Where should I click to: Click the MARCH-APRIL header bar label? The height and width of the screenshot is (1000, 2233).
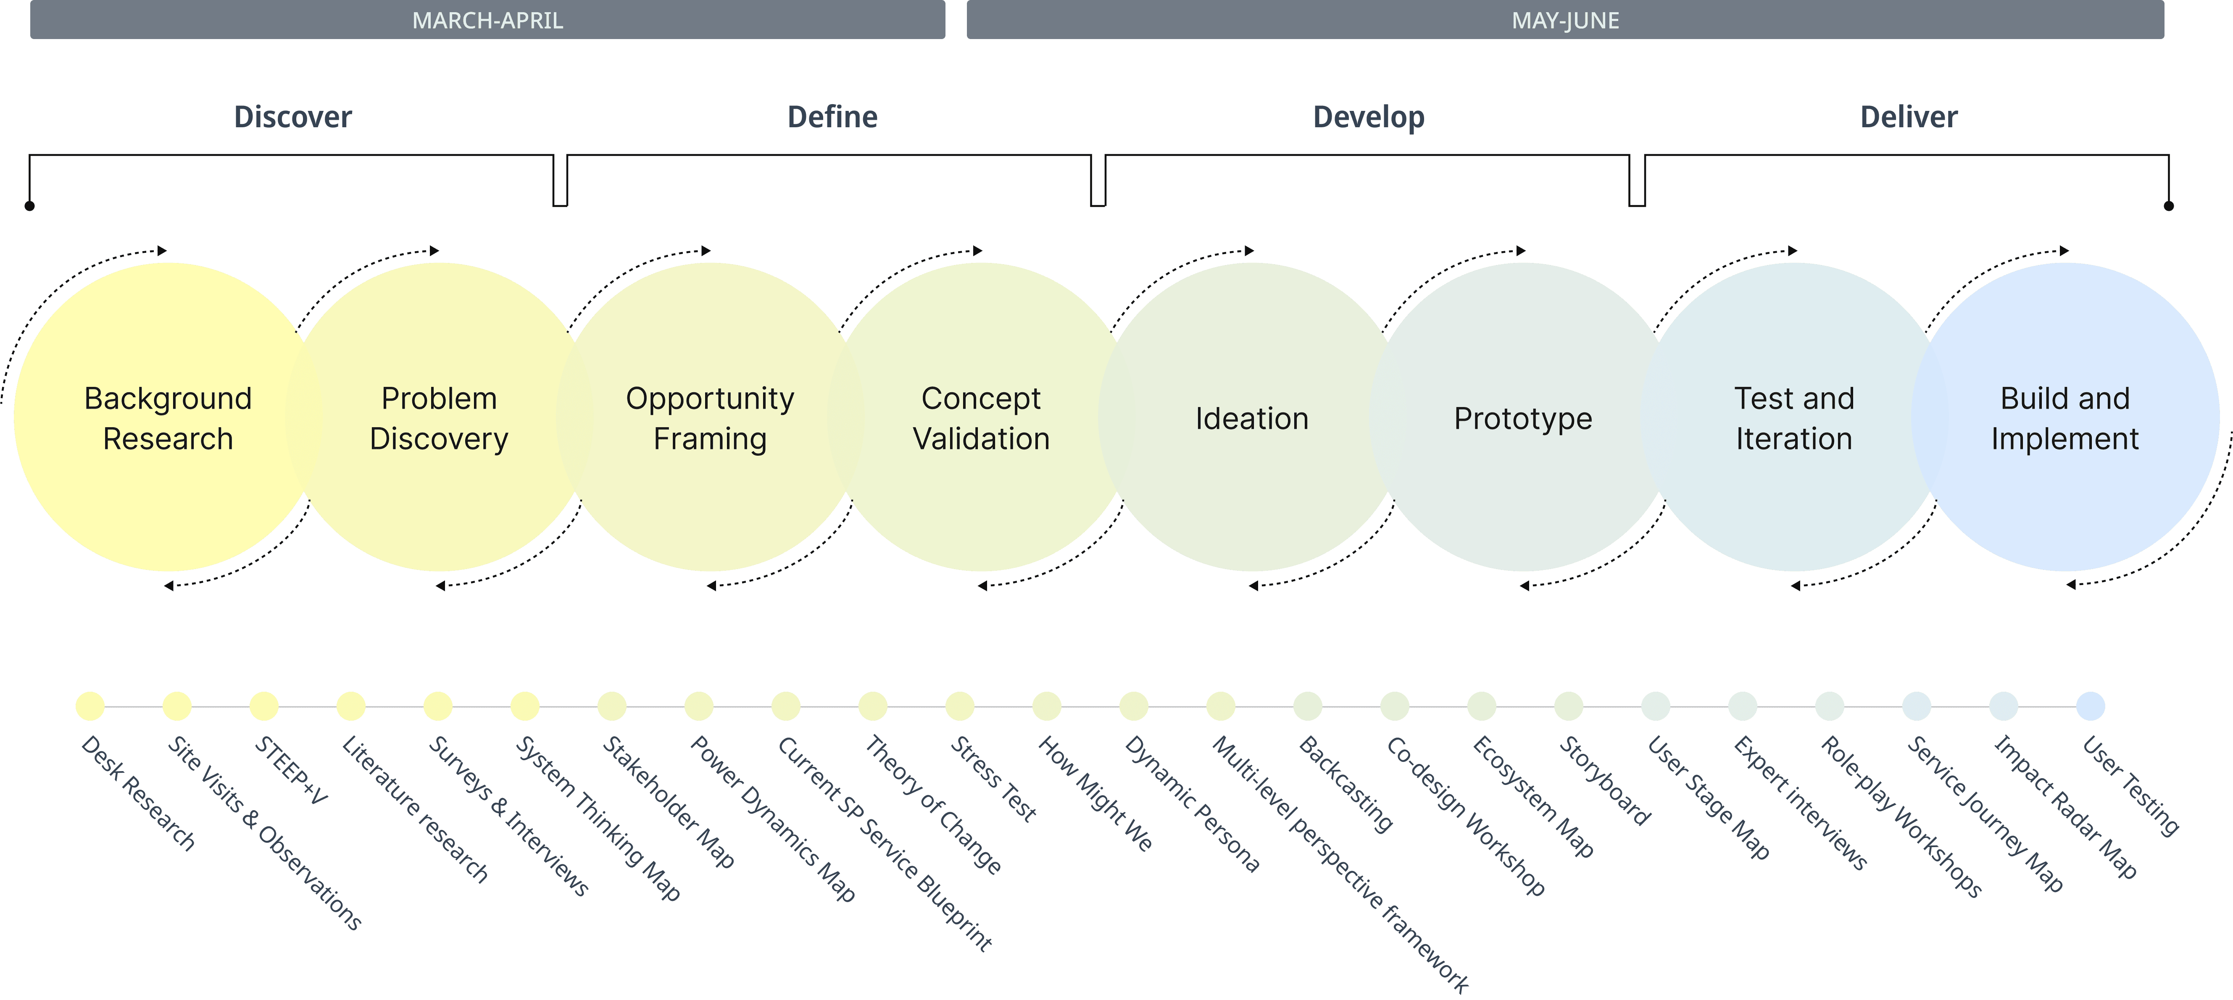tap(487, 20)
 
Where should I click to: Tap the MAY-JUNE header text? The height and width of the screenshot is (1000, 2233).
tap(1565, 20)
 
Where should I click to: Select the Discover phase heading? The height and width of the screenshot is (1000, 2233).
tap(293, 117)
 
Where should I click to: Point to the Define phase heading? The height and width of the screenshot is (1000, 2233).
tap(832, 117)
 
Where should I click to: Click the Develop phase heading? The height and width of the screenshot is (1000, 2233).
tap(1368, 117)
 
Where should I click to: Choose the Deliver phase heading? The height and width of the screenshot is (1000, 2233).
tap(1908, 117)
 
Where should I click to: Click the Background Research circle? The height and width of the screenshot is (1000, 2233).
tap(168, 417)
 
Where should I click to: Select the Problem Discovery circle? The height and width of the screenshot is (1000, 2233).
tap(440, 417)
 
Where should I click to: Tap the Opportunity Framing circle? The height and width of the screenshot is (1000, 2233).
tap(710, 417)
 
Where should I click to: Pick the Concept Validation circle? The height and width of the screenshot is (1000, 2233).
tap(981, 417)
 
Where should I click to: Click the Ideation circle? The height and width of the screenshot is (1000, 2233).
tap(1252, 417)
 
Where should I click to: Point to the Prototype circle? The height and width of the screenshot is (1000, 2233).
tap(1523, 417)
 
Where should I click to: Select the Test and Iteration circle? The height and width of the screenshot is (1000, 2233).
tap(1793, 417)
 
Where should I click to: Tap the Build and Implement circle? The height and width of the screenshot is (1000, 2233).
tap(2065, 417)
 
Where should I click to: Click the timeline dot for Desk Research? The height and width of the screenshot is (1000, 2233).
tap(90, 706)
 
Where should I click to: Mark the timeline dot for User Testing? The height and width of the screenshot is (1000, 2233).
tap(2090, 706)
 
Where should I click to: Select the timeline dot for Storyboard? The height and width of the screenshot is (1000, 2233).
tap(1568, 706)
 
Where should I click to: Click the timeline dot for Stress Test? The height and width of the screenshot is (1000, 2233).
tap(960, 706)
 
